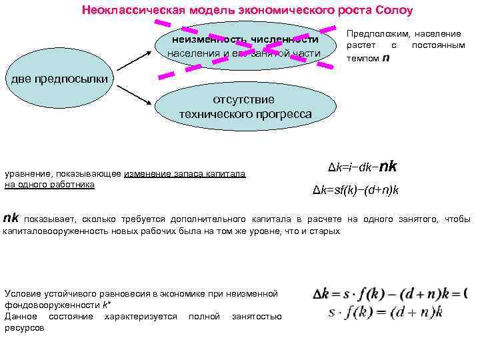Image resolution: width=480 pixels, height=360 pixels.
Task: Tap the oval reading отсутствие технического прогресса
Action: [x=245, y=107]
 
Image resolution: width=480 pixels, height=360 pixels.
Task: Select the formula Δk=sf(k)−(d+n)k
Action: [x=356, y=191]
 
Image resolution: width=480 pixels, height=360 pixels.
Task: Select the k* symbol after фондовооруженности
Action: [x=106, y=305]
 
